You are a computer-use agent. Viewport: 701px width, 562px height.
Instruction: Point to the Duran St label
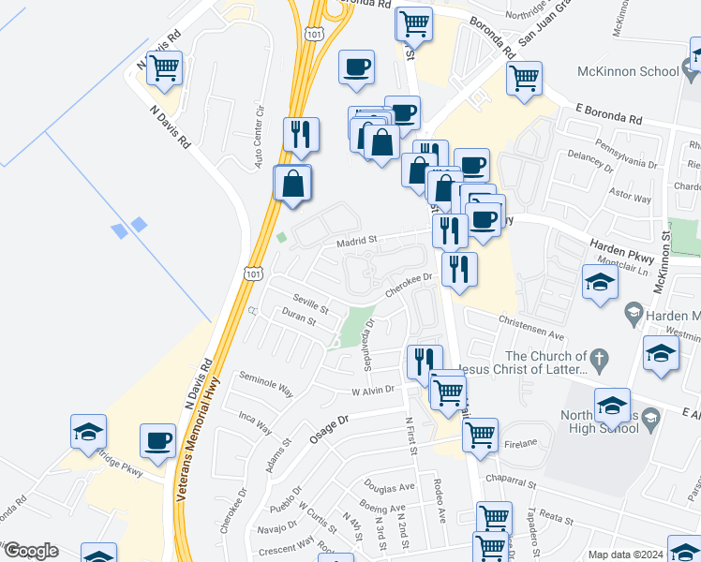300,321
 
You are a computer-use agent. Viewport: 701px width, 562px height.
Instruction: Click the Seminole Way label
267,383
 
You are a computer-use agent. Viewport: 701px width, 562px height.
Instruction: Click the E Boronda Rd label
609,120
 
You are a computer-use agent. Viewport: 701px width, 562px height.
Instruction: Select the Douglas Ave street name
390,487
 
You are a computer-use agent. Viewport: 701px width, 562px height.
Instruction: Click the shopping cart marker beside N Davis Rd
164,67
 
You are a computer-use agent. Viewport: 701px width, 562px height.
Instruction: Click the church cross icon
600,357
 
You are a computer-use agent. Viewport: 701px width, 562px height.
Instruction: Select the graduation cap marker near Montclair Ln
600,282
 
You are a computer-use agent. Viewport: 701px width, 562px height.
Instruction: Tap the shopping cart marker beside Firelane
480,434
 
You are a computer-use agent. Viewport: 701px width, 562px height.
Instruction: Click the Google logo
30,551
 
